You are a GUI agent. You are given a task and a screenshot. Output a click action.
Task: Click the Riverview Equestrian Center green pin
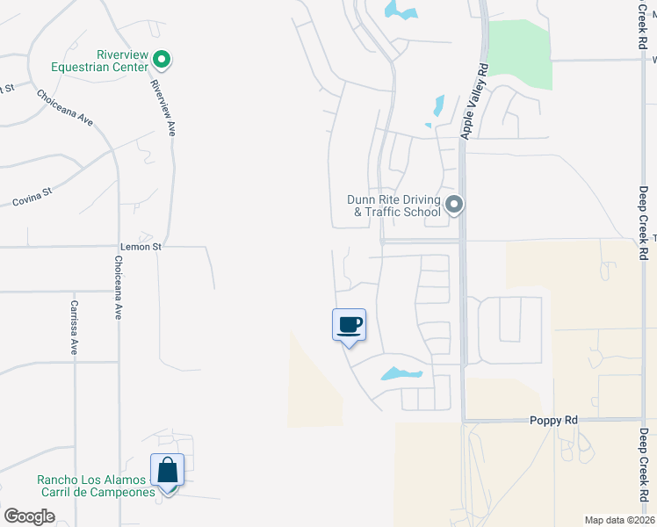[x=162, y=60]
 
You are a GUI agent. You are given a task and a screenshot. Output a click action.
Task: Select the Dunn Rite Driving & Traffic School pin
[x=454, y=205]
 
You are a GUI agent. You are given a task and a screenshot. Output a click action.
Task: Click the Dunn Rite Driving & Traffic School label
[x=394, y=206]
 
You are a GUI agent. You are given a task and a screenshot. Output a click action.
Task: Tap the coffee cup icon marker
[x=349, y=325]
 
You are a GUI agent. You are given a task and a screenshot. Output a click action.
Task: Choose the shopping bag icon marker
[x=167, y=471]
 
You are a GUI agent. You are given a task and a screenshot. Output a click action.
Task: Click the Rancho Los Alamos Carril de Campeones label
[x=96, y=486]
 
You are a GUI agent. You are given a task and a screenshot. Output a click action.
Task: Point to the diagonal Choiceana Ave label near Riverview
[x=65, y=107]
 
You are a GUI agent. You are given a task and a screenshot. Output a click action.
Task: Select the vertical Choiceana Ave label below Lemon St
[x=118, y=287]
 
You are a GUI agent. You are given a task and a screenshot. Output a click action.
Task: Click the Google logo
[x=30, y=516]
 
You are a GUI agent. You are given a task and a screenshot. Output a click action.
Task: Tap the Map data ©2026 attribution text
[x=618, y=520]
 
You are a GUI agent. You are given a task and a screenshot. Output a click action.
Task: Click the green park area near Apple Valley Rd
[x=519, y=53]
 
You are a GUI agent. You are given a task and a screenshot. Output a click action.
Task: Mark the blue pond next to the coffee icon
[x=401, y=374]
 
